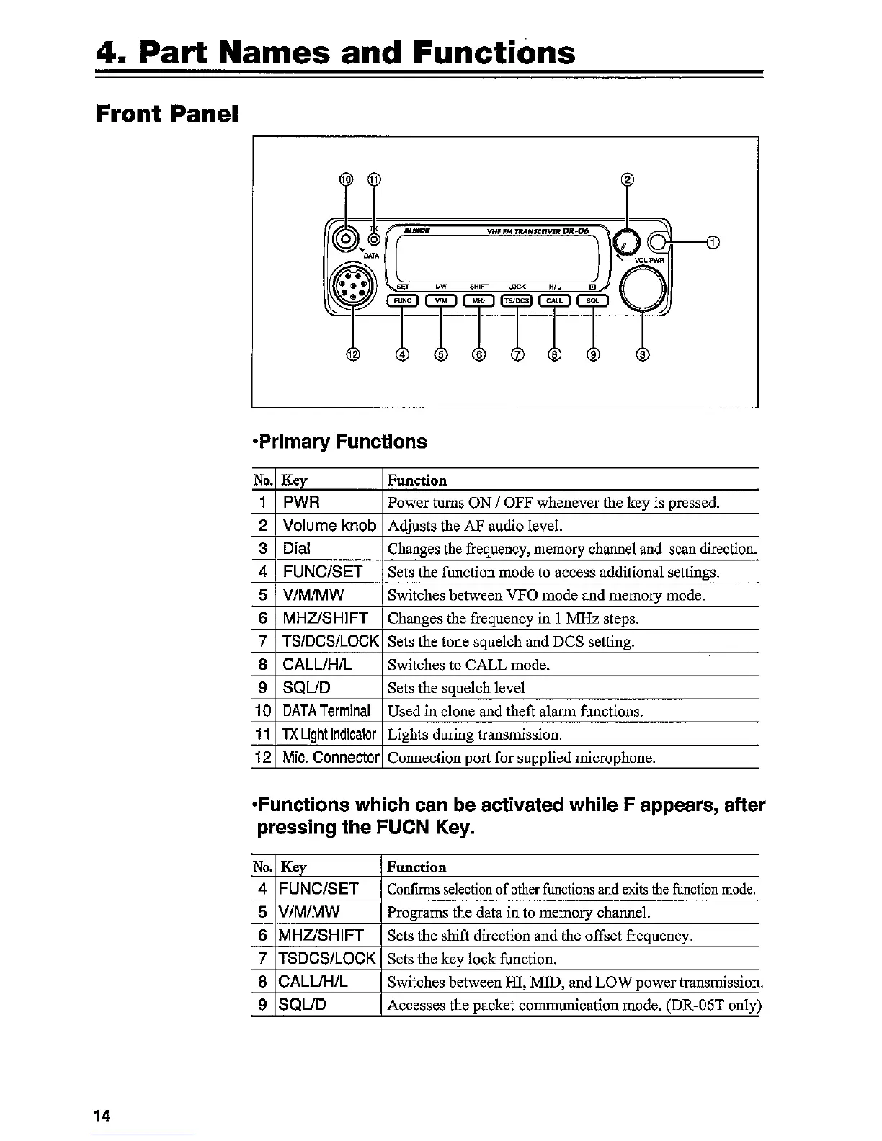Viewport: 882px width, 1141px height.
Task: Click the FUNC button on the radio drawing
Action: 403,300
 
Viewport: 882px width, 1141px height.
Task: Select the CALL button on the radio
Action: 554,300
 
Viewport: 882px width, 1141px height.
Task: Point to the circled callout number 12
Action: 352,354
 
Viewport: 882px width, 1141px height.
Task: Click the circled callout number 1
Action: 713,242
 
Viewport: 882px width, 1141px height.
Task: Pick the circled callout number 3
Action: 643,354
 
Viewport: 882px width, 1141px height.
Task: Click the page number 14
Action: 102,1116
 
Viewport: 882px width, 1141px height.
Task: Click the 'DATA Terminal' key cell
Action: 326,711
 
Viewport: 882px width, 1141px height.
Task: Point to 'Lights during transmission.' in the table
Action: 474,735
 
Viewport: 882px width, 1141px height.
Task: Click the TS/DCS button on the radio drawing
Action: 516,300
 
